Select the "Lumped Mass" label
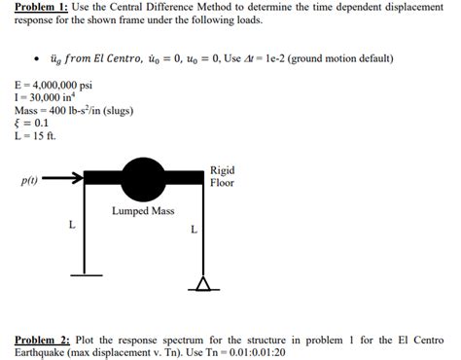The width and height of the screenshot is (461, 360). (x=142, y=210)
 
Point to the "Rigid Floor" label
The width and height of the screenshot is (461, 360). (x=222, y=176)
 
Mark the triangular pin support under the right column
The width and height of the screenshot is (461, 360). (x=203, y=283)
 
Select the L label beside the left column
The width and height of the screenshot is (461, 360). (x=70, y=225)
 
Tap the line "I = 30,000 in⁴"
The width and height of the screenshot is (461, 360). (x=43, y=97)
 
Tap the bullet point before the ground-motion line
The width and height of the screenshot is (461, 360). (x=36, y=58)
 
